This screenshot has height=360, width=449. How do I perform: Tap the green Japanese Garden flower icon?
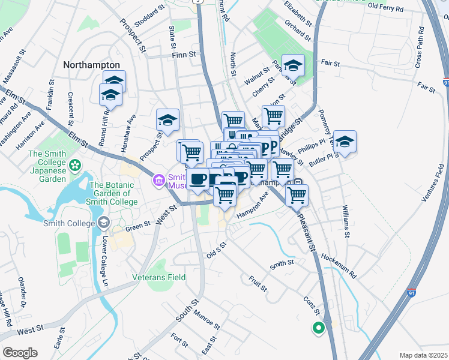point(75,164)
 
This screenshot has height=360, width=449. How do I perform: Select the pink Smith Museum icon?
point(158,179)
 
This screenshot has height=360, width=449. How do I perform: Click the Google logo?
point(19,353)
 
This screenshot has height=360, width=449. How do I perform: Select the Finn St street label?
point(184,55)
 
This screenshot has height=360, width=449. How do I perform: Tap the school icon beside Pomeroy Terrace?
point(345,142)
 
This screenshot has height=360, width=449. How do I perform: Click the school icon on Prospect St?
point(167,119)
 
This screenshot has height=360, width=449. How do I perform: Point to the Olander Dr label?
point(22,292)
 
